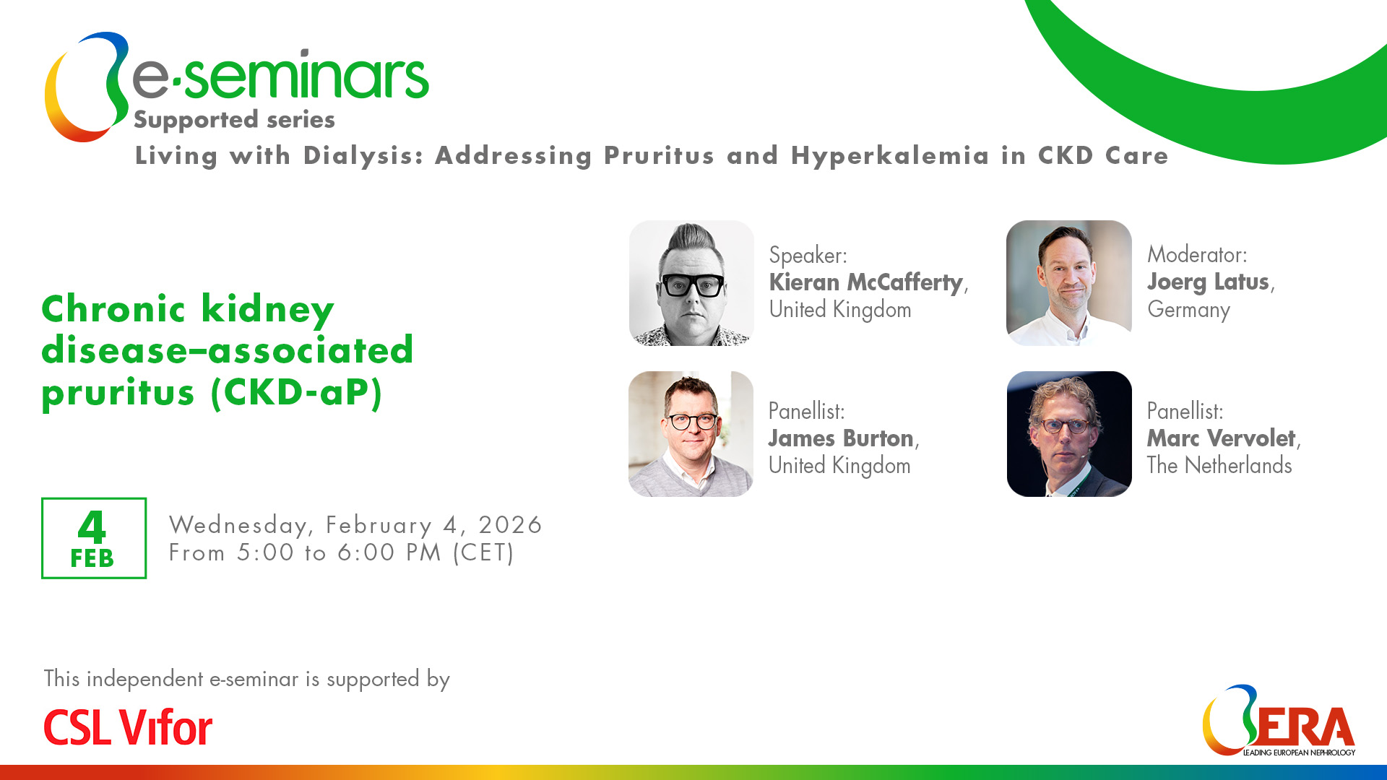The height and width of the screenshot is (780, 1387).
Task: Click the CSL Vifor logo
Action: click(x=128, y=727)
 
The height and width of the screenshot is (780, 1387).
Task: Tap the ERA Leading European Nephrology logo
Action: click(x=1279, y=721)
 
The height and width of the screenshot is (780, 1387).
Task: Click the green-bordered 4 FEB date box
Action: click(x=94, y=538)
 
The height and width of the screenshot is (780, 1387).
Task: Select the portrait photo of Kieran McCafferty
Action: click(x=691, y=283)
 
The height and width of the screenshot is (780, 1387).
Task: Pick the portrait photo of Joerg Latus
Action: click(x=1069, y=283)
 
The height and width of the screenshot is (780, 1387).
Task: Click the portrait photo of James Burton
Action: click(x=691, y=434)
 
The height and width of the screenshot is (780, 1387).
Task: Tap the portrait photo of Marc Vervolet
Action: click(x=1069, y=434)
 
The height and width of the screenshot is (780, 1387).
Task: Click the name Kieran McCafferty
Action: click(x=865, y=282)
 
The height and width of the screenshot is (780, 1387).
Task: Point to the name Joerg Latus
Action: click(x=1208, y=282)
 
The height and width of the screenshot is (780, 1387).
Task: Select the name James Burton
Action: click(x=841, y=438)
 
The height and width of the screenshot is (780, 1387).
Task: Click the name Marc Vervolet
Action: click(x=1221, y=438)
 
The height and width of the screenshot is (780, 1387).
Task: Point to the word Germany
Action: click(x=1188, y=310)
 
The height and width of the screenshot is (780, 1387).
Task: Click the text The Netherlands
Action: click(x=1219, y=466)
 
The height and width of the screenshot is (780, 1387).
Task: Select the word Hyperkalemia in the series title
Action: click(x=890, y=156)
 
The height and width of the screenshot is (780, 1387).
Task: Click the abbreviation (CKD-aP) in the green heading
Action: click(x=297, y=392)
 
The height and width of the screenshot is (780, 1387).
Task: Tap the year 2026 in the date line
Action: click(x=510, y=525)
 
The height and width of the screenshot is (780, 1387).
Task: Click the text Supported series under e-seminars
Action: click(x=234, y=120)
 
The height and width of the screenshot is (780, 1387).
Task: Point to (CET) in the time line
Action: click(x=483, y=553)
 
